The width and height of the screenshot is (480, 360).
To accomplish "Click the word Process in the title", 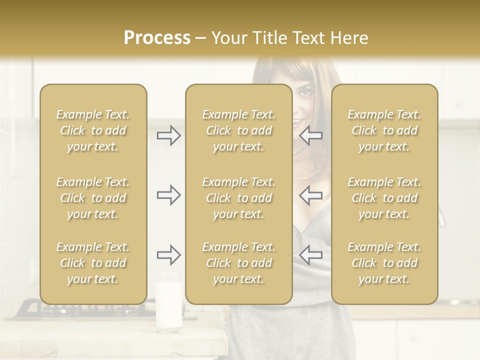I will [x=157, y=38].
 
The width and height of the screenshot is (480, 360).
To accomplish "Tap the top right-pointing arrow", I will [x=168, y=135].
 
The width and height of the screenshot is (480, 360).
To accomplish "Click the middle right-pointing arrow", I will [x=168, y=195].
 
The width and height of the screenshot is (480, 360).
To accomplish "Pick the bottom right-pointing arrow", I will [x=168, y=255].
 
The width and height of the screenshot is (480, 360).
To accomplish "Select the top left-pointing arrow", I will [x=311, y=135].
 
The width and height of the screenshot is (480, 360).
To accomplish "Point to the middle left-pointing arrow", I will [x=311, y=195].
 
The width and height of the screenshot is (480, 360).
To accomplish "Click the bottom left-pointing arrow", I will [x=311, y=255].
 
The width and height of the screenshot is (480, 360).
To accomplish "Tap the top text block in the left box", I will [x=93, y=130].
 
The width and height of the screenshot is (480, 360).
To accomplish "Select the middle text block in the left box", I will [x=93, y=198].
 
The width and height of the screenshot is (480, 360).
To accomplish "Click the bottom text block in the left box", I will [x=93, y=263].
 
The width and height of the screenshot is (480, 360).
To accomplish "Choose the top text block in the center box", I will [x=238, y=130].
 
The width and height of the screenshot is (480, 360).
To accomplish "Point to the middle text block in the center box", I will [x=238, y=198].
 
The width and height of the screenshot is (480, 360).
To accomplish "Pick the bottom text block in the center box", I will [x=238, y=263].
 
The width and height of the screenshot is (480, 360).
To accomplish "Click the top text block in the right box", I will [x=384, y=130].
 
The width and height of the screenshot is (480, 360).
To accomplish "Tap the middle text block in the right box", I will [x=384, y=198].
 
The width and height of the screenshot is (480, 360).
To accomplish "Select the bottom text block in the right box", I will [x=384, y=263].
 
